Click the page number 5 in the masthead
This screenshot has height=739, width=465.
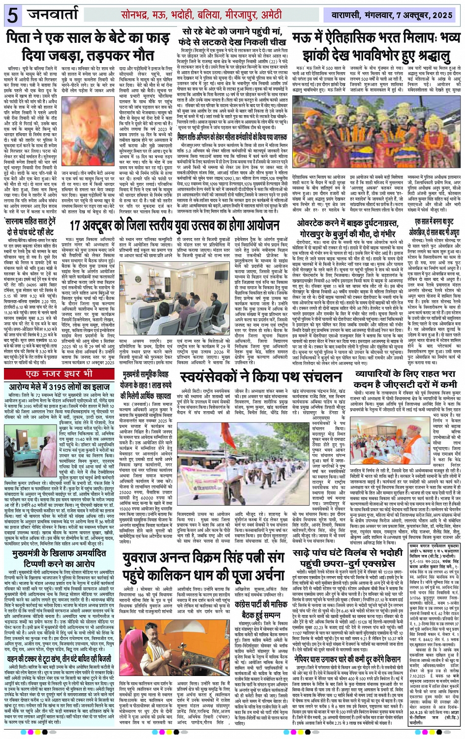click(x=13, y=15)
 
